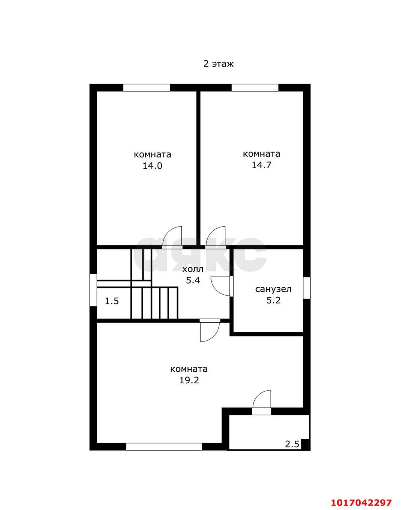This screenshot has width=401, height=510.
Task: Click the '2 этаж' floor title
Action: (218, 64)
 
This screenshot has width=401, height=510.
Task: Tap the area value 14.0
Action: (152, 166)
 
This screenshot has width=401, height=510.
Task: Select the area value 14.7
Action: (261, 165)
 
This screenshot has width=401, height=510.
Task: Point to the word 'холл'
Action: (193, 269)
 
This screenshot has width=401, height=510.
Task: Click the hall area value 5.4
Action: (193, 280)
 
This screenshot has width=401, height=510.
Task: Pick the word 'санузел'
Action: (273, 289)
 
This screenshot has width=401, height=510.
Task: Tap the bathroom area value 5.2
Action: (273, 300)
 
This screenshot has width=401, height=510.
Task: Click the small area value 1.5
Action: (112, 301)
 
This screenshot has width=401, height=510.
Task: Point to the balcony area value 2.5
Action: (292, 444)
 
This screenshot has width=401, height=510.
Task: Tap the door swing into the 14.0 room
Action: (172, 236)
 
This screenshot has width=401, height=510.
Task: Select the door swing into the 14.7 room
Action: (215, 236)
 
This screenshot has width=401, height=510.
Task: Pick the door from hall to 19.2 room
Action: (210, 331)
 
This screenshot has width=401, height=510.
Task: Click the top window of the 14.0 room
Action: (146, 88)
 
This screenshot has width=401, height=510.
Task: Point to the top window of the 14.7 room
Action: (255, 88)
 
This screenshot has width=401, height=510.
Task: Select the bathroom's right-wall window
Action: (307, 288)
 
